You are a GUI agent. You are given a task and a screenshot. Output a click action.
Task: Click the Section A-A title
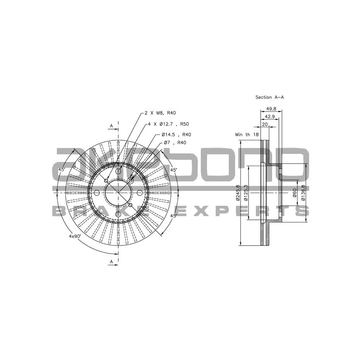[x=269, y=97]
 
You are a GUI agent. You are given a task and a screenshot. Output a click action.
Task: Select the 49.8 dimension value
[x=271, y=108]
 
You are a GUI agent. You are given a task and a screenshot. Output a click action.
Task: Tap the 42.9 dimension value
[x=269, y=116]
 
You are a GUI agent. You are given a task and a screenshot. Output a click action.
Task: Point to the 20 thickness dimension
[x=265, y=125]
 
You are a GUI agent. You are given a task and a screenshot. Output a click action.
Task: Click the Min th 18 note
[x=247, y=134]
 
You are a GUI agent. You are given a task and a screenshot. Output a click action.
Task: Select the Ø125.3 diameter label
[x=246, y=193]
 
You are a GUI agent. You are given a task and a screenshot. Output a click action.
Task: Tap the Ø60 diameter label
[x=294, y=193]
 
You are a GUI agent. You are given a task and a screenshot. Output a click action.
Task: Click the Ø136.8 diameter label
[x=303, y=193]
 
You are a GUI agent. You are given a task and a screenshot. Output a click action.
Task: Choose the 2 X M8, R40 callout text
[x=160, y=113]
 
